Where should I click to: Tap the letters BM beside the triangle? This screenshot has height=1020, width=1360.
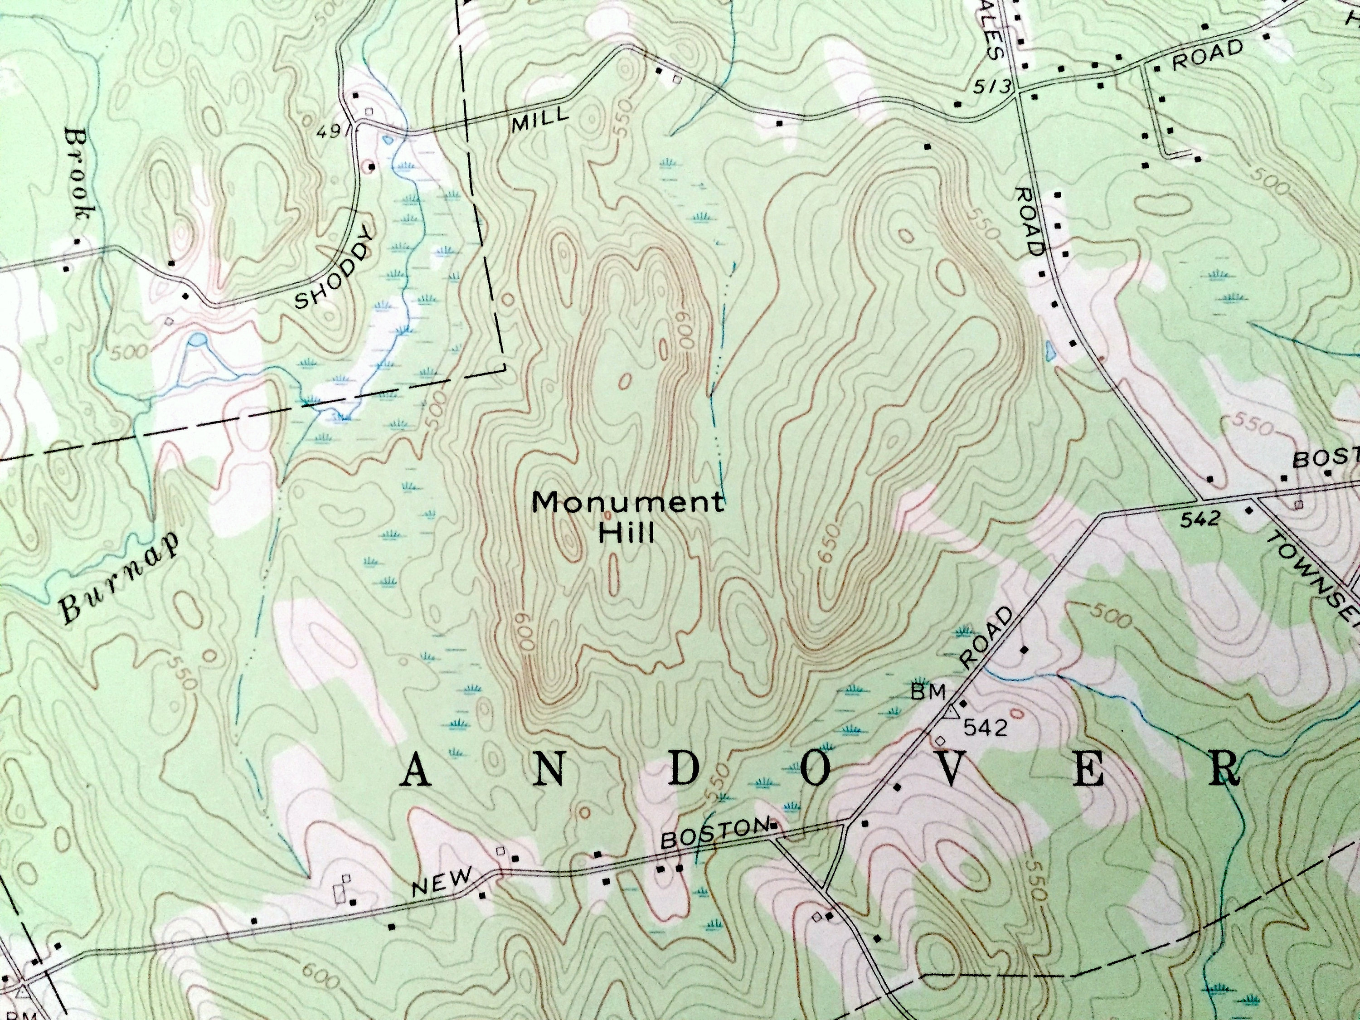tap(928, 692)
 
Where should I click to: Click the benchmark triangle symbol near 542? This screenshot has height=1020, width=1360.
tap(951, 713)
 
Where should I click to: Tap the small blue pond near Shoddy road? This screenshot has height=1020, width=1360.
tap(197, 339)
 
